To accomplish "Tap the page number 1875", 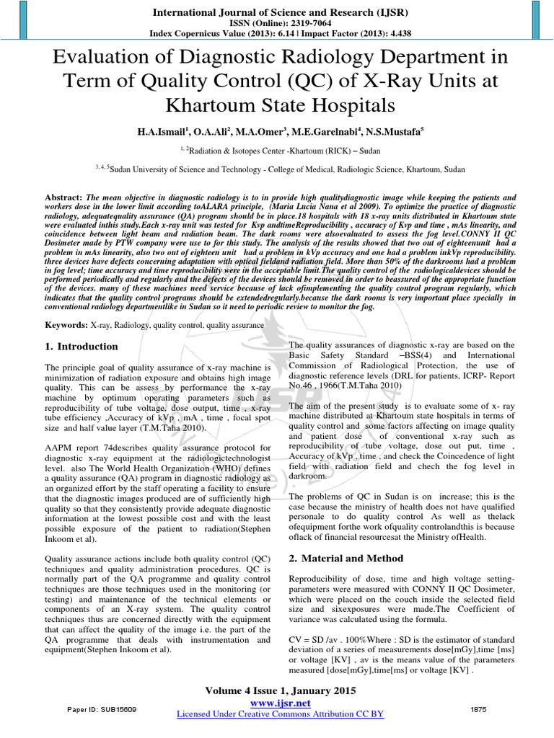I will pos(478,709).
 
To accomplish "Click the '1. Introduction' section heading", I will pos(82,347).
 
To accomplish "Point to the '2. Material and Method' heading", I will pos(346,559).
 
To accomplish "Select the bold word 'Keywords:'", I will pos(68,326).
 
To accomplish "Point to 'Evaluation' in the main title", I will pos(103,58).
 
